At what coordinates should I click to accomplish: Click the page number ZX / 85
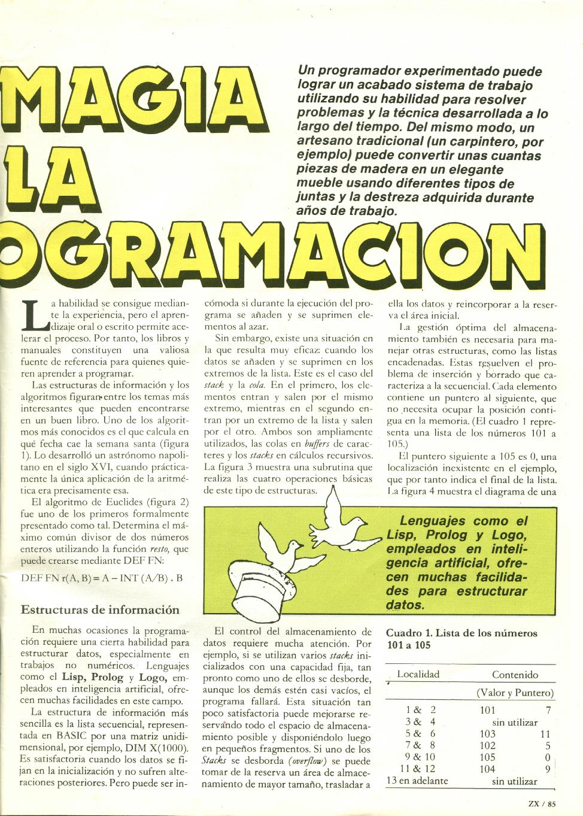tap(543, 803)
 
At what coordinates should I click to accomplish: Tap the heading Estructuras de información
tap(100, 609)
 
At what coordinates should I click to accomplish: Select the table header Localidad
tap(418, 674)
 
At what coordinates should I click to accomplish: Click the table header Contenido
tap(515, 675)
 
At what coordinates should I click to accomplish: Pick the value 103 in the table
tap(488, 733)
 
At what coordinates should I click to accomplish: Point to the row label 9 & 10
tap(420, 757)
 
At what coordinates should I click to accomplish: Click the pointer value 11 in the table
tap(544, 733)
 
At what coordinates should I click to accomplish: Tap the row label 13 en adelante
tap(417, 780)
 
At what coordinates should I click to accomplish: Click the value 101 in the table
tap(488, 710)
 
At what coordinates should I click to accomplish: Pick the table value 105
tap(488, 757)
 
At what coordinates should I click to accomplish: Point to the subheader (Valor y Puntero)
tap(515, 693)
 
